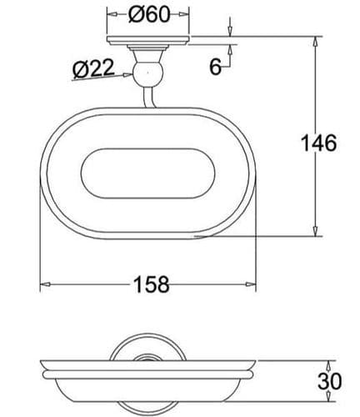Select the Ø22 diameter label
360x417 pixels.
[x=92, y=70]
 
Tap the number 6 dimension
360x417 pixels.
[x=215, y=68]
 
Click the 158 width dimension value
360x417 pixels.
[x=151, y=285]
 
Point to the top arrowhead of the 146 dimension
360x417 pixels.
[x=316, y=41]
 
